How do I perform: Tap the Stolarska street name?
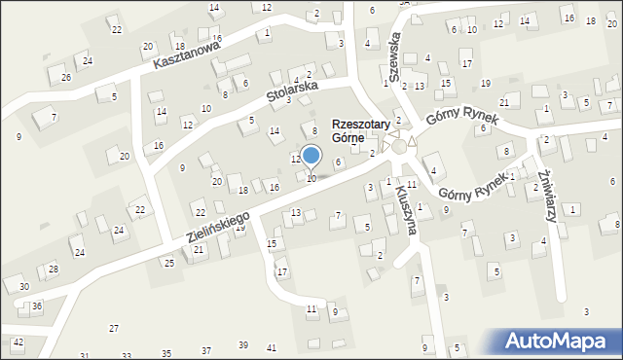(x=292, y=90)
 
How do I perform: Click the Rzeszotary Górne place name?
(x=361, y=131)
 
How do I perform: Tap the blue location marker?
(x=311, y=156)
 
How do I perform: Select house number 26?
(x=66, y=77)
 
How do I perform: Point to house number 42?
(x=18, y=342)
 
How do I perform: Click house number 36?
(x=37, y=306)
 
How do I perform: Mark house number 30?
(x=23, y=286)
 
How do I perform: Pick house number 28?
(x=54, y=269)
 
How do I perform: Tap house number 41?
(x=271, y=347)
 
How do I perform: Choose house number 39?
(x=243, y=345)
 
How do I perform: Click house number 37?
(x=206, y=349)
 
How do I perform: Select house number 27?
(x=114, y=329)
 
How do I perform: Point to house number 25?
(x=169, y=263)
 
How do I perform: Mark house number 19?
(x=239, y=227)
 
